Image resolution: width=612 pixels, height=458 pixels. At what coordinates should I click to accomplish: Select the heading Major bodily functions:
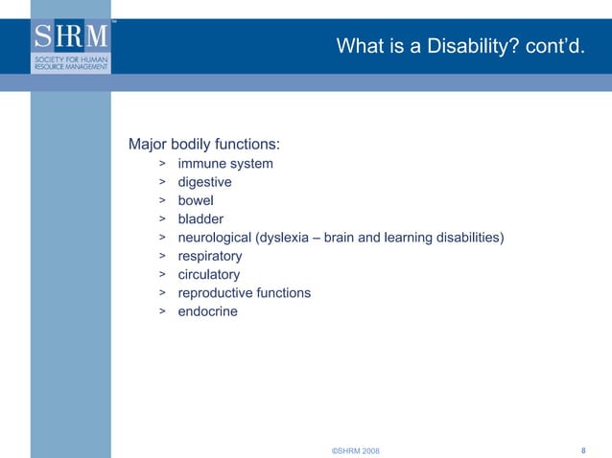(x=204, y=145)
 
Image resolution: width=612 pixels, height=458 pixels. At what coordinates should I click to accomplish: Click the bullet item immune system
(x=225, y=164)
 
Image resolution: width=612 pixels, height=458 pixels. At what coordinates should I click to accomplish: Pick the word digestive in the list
(x=204, y=182)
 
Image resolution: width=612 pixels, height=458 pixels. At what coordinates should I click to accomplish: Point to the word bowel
(x=196, y=200)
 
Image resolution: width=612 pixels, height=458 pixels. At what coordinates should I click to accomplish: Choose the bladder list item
(x=200, y=219)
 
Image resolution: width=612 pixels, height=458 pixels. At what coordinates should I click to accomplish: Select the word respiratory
(x=210, y=256)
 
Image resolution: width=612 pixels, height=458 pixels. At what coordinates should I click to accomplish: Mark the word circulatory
(x=209, y=275)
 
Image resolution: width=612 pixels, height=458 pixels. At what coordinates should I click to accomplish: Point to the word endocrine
(x=207, y=311)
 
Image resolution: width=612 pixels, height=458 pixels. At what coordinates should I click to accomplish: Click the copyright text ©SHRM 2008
(x=355, y=450)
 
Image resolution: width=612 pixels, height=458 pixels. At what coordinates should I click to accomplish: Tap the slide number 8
(x=584, y=449)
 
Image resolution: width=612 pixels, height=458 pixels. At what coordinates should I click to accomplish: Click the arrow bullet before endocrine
(x=163, y=311)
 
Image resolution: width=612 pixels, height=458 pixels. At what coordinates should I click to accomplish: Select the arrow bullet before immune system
(x=163, y=164)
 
